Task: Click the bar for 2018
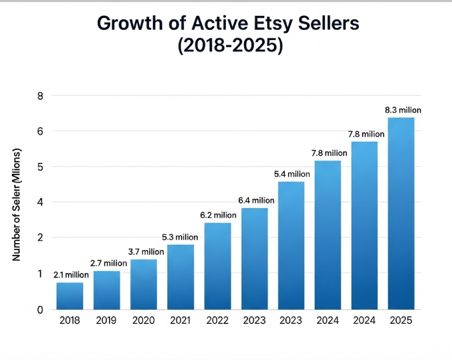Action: tap(69, 296)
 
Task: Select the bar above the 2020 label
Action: tap(144, 284)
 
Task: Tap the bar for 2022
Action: tap(218, 266)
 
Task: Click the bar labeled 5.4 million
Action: tap(292, 245)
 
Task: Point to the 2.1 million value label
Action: tap(71, 275)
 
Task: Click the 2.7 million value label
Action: tap(108, 263)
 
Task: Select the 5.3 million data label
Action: tap(180, 237)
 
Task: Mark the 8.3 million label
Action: tap(402, 110)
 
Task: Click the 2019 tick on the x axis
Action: tap(107, 320)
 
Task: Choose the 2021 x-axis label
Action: tap(180, 320)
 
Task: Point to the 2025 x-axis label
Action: tap(401, 320)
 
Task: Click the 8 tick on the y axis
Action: tap(40, 96)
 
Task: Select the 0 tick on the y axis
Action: tap(40, 310)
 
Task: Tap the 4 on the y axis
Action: tap(40, 202)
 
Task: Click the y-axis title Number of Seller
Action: tap(16, 205)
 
